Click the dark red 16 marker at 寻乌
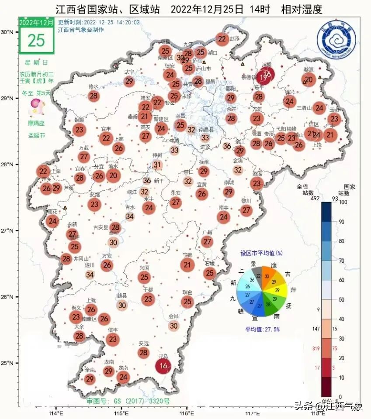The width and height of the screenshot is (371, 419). point(164,366)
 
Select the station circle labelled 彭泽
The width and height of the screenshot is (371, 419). point(222,39)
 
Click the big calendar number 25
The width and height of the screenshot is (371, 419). point(36,40)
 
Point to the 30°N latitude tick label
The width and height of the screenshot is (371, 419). point(7,32)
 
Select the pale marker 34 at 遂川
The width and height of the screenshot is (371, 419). point(90,275)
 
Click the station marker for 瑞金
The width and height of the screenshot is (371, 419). point(187,302)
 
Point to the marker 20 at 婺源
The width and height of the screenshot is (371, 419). point(309,79)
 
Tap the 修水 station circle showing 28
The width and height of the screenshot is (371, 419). point(94,96)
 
